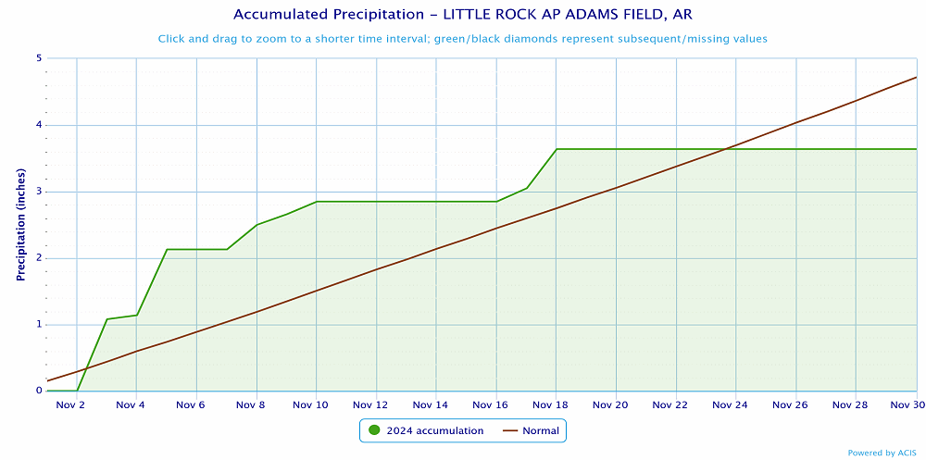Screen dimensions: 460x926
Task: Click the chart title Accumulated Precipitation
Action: [x=462, y=15]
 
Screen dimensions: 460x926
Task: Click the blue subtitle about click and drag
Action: [x=462, y=39]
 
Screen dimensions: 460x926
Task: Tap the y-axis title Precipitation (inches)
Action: [x=20, y=225]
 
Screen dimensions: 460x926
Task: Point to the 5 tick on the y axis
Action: [x=39, y=58]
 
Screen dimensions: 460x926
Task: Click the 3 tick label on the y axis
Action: [x=39, y=192]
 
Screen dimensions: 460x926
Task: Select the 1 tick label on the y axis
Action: [x=39, y=325]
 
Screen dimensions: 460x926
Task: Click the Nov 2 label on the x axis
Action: [x=70, y=404]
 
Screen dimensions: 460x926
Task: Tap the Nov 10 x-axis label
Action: [x=310, y=404]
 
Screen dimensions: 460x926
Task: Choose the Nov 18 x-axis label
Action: [x=550, y=404]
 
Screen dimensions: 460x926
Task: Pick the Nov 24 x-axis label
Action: [x=730, y=404]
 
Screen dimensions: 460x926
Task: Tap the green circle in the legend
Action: [x=375, y=430]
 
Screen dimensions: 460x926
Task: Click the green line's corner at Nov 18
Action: [x=557, y=149]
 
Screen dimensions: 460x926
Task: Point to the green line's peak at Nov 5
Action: [x=167, y=249]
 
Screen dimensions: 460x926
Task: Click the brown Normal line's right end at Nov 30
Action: [x=917, y=77]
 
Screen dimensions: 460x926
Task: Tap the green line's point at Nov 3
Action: [x=106, y=319]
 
